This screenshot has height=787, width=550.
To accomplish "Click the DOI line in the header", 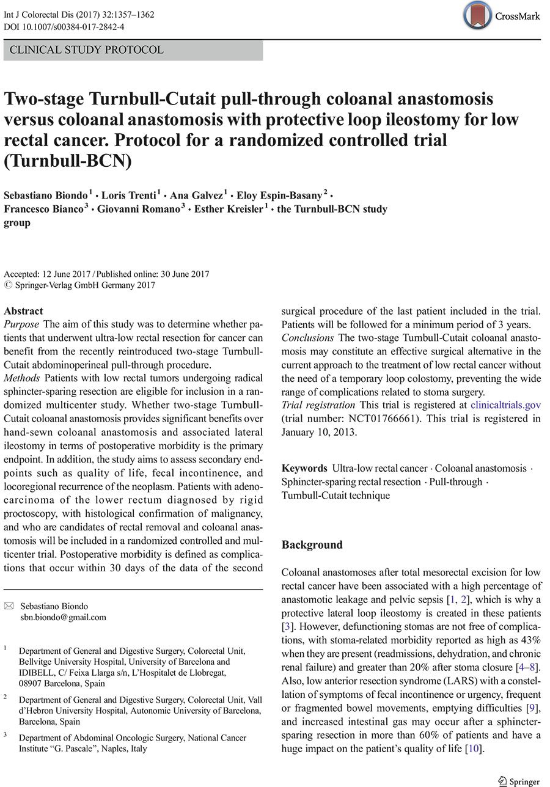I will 64,27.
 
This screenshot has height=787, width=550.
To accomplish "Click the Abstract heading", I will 23,311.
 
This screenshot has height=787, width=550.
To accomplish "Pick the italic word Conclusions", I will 307,338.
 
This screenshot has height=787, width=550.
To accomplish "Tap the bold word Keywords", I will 304,469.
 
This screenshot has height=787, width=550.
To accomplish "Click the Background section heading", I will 312,544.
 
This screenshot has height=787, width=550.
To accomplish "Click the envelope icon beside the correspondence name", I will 8,606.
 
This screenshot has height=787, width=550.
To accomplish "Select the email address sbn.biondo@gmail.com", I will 63,617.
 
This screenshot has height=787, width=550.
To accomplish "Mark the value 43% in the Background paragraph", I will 529,640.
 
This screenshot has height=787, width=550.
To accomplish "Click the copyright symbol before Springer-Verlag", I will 7,285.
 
